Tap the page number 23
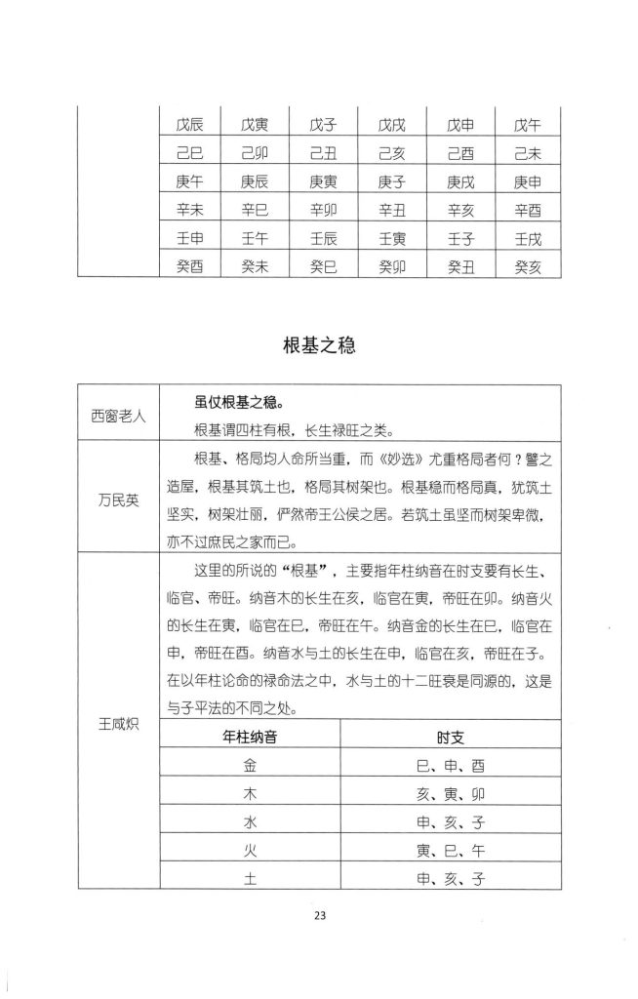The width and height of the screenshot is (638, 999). pyautogui.click(x=319, y=914)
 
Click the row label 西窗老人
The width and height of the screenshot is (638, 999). pyautogui.click(x=119, y=416)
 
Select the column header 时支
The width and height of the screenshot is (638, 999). pyautogui.click(x=450, y=739)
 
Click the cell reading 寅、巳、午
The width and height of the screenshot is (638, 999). pyautogui.click(x=450, y=851)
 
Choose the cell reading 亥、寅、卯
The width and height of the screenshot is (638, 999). pyautogui.click(x=450, y=795)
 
